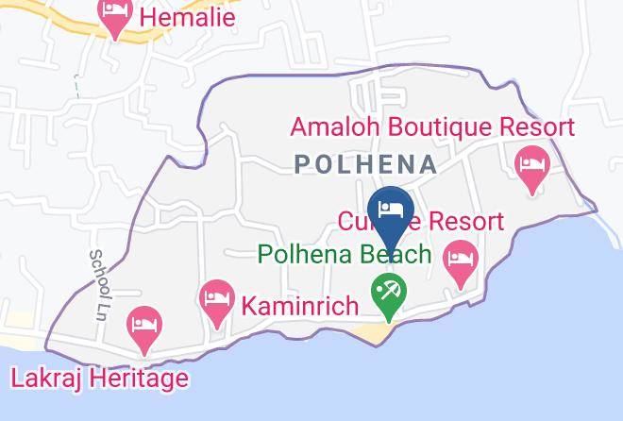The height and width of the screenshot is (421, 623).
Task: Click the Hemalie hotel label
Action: point(187,16)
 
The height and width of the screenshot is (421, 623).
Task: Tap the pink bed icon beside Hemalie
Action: point(117,17)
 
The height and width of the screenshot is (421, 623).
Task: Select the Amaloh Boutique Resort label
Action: point(432,126)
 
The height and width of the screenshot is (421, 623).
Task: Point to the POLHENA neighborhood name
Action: point(366,164)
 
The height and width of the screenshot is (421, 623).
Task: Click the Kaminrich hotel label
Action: point(300,306)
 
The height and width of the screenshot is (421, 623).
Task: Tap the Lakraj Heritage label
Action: point(99,379)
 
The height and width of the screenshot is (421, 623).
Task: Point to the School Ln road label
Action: point(98,284)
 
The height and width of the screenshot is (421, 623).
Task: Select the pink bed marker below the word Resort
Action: point(461,261)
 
